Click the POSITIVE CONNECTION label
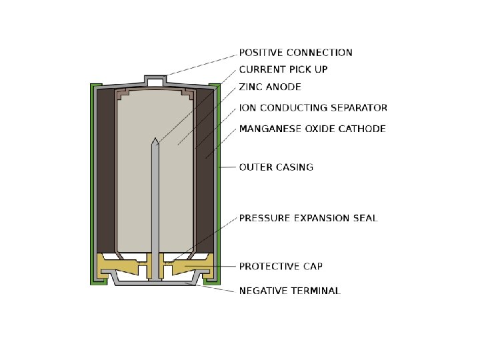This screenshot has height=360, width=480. tap(296, 53)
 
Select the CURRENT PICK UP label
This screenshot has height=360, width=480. tap(283, 69)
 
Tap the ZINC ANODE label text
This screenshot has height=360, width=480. tap(270, 87)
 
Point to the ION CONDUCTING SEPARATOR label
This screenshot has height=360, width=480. tap(313, 107)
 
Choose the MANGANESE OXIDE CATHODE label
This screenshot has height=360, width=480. tap(312, 129)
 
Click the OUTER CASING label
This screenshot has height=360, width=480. tap(276, 167)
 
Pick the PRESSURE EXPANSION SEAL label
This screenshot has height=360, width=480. tap(308, 218)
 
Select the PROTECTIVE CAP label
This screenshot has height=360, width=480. tap(281, 267)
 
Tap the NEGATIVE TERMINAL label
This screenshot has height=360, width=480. tap(290, 291)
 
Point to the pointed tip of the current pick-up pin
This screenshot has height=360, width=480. tap(155, 141)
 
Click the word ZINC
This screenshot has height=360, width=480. tap(252, 87)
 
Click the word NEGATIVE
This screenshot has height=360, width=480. tap(263, 291)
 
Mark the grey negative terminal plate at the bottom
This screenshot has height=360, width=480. tap(155, 283)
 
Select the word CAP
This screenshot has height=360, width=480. tap(312, 267)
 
